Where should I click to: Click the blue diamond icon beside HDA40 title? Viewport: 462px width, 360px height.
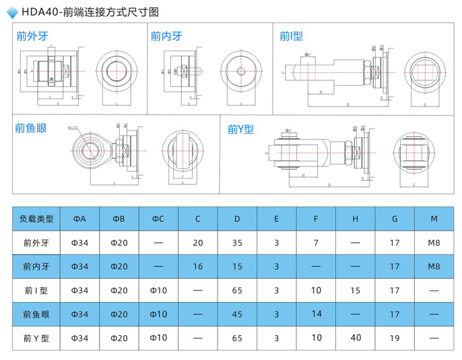click(12, 11)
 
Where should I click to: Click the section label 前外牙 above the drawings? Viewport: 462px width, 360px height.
click(31, 36)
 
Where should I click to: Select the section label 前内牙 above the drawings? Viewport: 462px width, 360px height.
click(166, 36)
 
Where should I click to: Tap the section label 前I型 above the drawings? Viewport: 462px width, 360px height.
click(292, 36)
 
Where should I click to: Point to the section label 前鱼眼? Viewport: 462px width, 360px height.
click(31, 127)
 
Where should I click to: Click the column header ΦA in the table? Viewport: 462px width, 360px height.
click(79, 218)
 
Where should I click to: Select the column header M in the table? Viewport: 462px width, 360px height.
click(434, 218)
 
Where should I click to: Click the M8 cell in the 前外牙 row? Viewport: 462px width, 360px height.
click(434, 243)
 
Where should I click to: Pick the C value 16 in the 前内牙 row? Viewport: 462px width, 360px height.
click(198, 266)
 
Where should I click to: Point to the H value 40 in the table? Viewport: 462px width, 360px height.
click(356, 338)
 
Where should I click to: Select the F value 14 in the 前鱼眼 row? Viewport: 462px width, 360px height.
click(317, 313)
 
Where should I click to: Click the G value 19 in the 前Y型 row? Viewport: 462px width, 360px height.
click(395, 338)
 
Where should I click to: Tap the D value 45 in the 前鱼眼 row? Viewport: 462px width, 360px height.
click(237, 314)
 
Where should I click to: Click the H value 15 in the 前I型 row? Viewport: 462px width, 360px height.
click(356, 291)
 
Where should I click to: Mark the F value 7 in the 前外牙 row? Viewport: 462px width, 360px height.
click(317, 243)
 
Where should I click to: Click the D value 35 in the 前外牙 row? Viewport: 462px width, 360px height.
click(237, 243)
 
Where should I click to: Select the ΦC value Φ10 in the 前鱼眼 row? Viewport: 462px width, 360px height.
click(158, 314)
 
